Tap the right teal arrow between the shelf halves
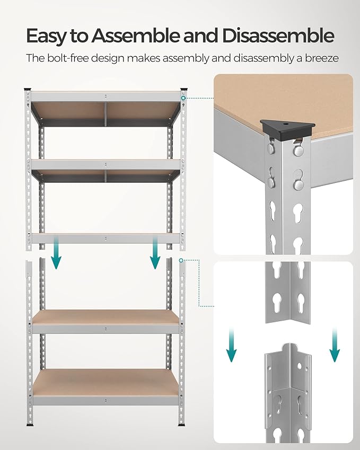[x=155, y=253]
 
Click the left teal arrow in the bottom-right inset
[x=232, y=345]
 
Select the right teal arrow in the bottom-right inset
[x=334, y=345]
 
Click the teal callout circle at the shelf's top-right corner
[x=182, y=98]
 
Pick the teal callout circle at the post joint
[x=181, y=260]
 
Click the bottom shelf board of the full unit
[x=106, y=381]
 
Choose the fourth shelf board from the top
[x=106, y=317]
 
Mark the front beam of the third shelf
[x=106, y=239]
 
